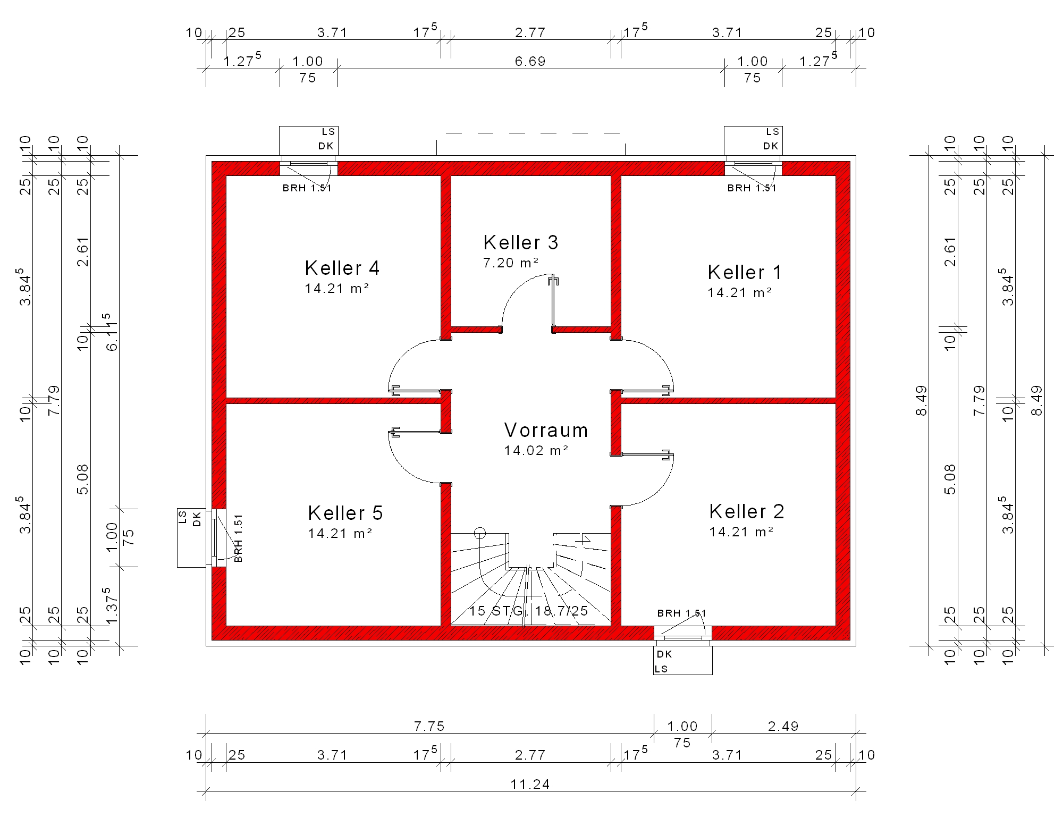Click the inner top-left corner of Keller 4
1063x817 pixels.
coord(226,175)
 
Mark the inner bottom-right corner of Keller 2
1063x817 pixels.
coord(836,626)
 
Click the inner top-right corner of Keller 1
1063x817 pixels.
coord(836,175)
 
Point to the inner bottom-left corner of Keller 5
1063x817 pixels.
coord(226,626)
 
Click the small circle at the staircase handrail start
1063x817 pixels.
coord(480,533)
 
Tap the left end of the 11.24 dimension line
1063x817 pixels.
coord(206,791)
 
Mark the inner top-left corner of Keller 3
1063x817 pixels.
coord(451,175)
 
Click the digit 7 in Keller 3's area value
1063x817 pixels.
coord(486,263)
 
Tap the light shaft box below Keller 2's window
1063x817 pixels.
coord(682,660)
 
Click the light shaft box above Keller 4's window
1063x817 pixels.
coord(309,141)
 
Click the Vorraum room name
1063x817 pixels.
coord(546,430)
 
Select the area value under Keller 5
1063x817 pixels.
coord(340,533)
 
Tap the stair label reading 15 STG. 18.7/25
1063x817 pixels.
coord(528,611)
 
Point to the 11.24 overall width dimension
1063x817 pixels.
coord(530,784)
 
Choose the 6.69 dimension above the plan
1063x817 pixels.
coord(530,61)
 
